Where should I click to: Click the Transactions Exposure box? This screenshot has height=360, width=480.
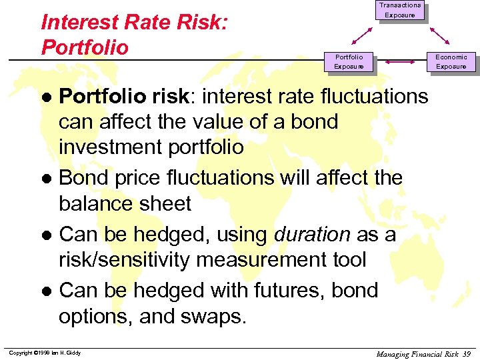400,10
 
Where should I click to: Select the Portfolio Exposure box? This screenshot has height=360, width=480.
349,62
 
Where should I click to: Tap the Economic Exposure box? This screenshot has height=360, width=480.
451,62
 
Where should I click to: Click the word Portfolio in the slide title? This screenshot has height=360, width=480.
85,47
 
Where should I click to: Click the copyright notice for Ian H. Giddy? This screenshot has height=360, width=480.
45,353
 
